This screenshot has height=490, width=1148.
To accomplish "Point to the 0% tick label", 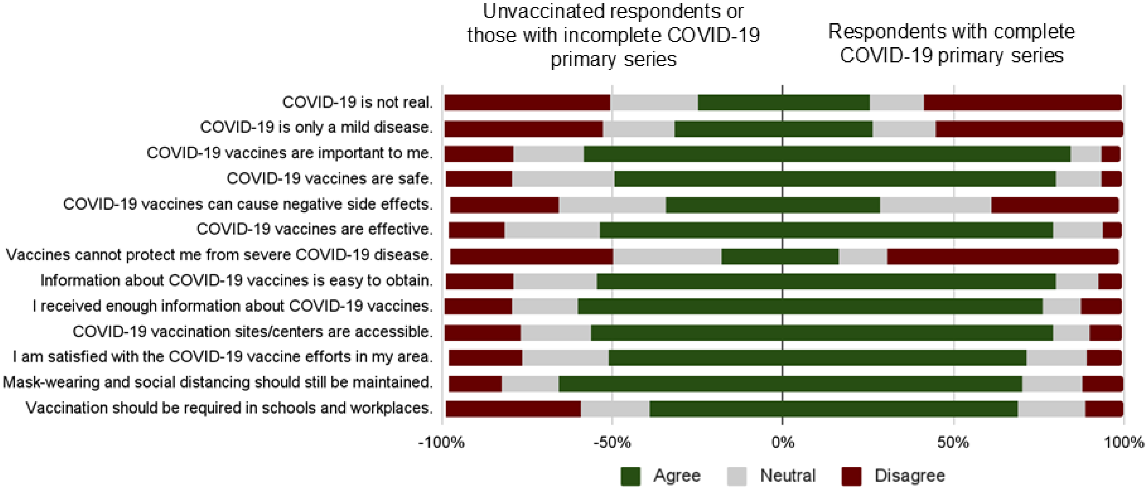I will click(x=782, y=443).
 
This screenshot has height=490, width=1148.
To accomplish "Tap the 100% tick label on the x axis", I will click(x=1124, y=443).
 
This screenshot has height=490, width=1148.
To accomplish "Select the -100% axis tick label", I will click(x=441, y=443).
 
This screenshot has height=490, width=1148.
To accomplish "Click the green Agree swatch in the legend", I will click(x=630, y=476).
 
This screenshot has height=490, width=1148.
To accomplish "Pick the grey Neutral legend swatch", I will click(x=737, y=476).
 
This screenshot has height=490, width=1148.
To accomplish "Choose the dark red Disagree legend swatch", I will click(x=851, y=476).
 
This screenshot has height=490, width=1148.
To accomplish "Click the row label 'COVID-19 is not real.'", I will click(x=357, y=103).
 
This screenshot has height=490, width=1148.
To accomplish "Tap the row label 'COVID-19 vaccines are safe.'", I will click(x=329, y=179).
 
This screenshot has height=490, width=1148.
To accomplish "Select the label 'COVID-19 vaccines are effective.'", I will click(x=315, y=229).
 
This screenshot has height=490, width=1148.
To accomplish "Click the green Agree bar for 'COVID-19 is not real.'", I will click(x=784, y=103).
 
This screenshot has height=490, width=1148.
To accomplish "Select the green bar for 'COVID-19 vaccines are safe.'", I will click(x=835, y=179).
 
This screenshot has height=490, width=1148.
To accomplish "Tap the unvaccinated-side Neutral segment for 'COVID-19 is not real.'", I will click(x=654, y=103).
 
